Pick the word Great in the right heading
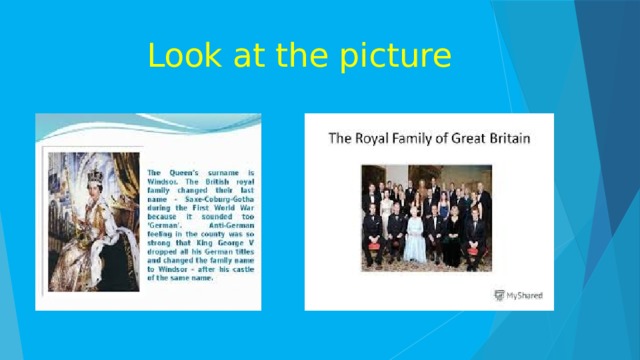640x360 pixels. (x=471, y=138)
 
